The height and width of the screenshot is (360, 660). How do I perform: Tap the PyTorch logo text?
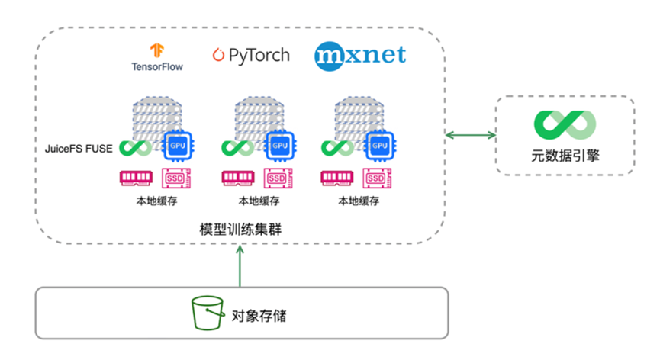click(251, 56)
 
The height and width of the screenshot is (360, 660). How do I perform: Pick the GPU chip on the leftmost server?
click(177, 146)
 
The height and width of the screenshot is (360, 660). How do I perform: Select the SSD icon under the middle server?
click(277, 178)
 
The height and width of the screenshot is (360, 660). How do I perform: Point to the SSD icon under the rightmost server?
click(378, 178)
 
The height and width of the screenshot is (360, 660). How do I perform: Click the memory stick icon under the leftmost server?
click(137, 178)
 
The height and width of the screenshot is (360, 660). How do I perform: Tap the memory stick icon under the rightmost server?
click(338, 178)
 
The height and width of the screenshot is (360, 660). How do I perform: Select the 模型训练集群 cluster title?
click(240, 230)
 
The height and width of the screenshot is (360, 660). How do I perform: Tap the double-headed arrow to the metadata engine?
click(470, 136)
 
